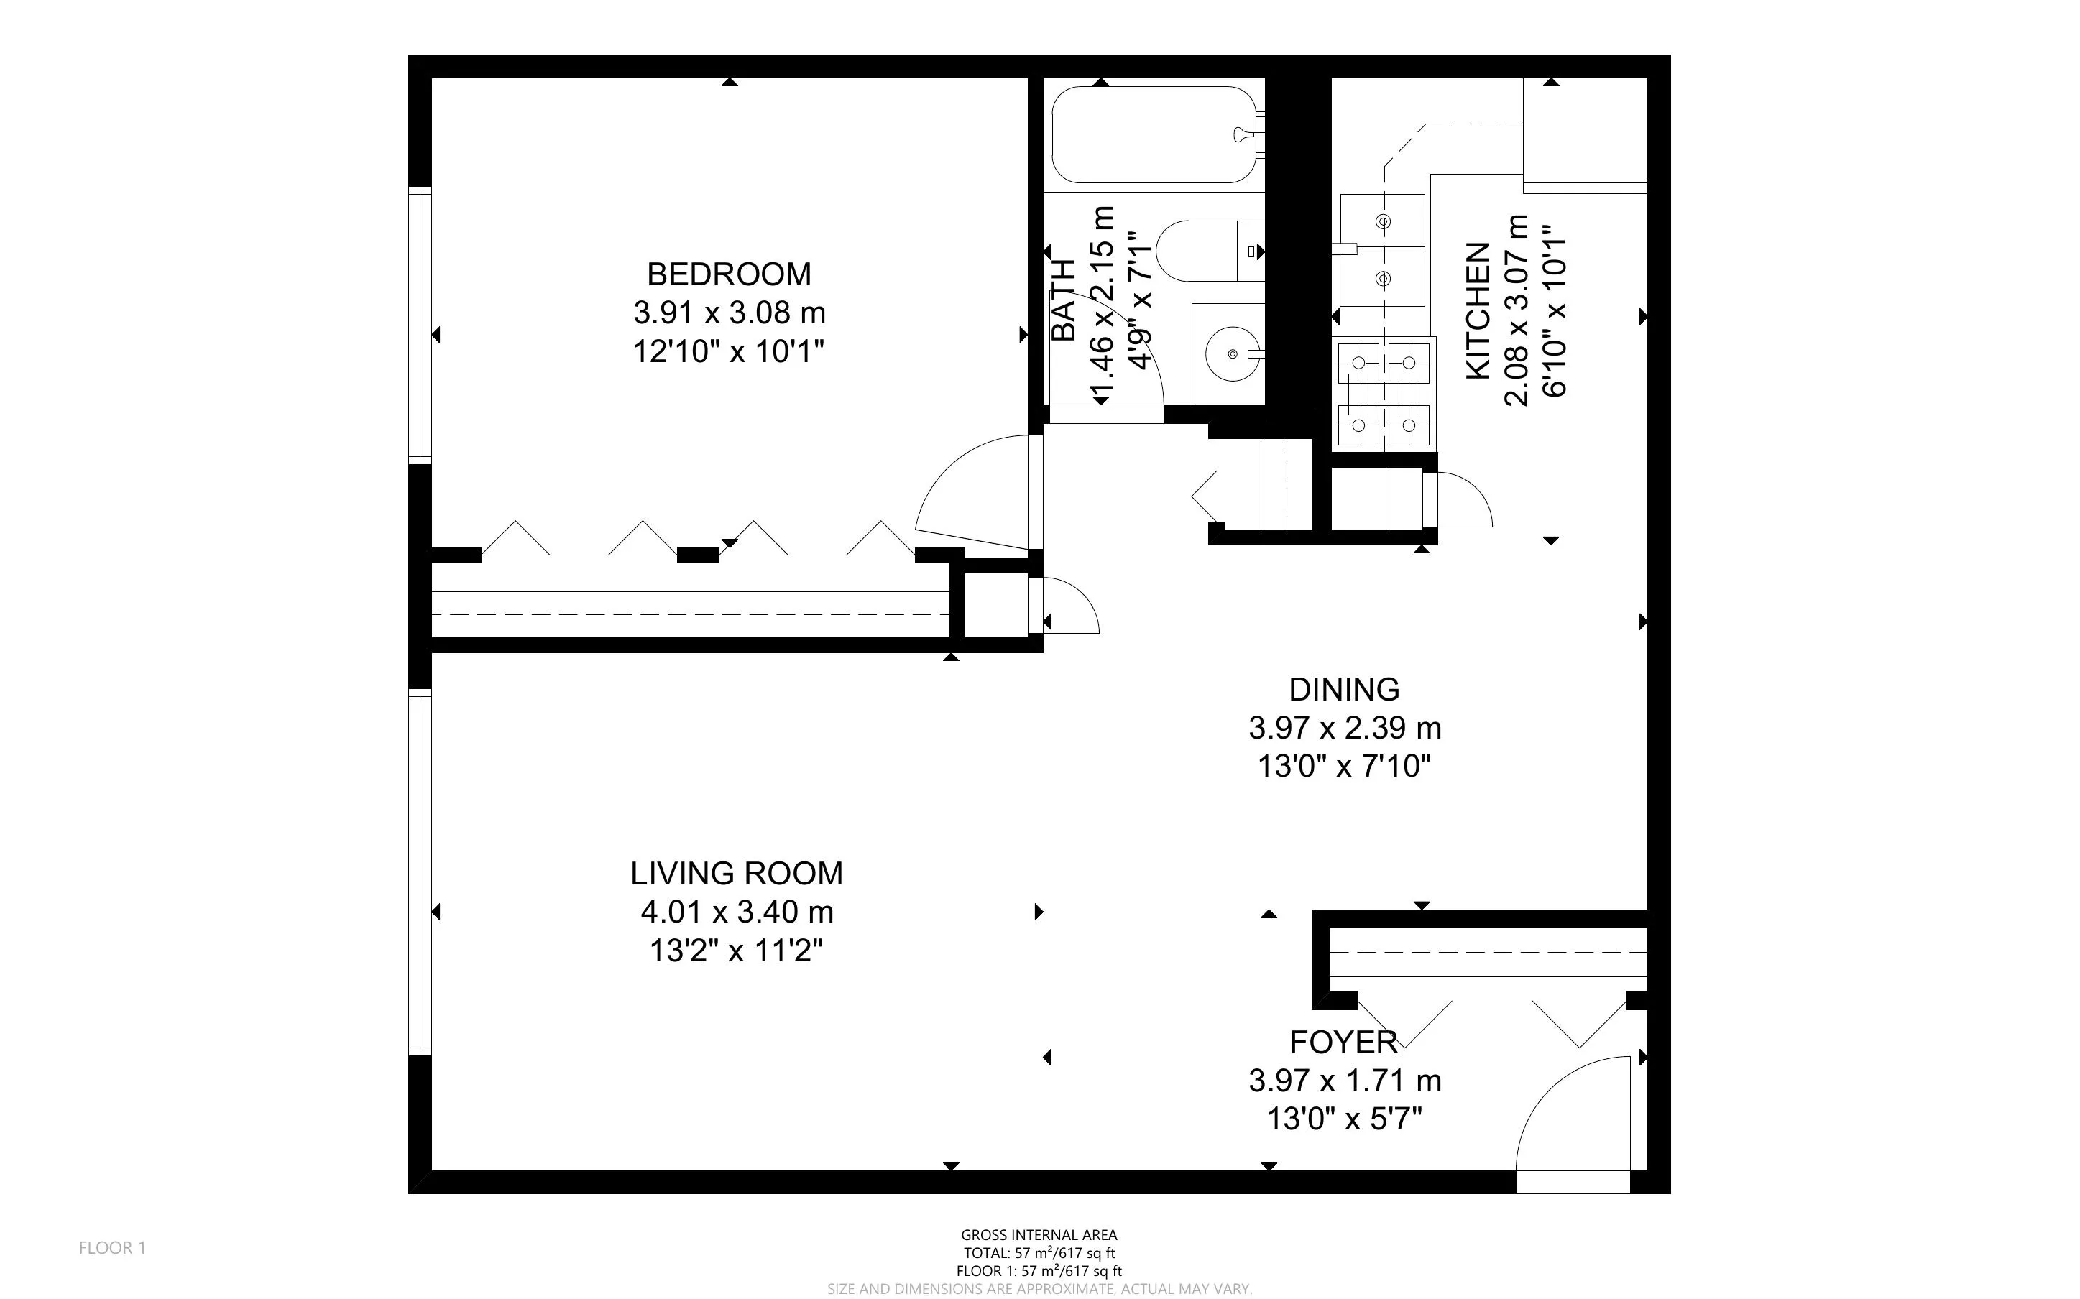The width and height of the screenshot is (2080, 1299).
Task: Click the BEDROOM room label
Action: [729, 274]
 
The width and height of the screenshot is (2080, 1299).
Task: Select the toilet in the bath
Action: [1203, 251]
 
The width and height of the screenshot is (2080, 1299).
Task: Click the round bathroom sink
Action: [1232, 353]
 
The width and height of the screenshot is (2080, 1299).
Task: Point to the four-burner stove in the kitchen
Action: [1384, 394]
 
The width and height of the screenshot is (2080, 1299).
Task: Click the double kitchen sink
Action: [1382, 250]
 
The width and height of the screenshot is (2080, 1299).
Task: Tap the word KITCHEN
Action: [1477, 311]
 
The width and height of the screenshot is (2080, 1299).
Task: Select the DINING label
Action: [1344, 689]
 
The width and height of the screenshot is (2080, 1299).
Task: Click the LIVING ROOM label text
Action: [736, 873]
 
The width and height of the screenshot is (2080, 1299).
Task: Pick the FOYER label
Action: [1344, 1042]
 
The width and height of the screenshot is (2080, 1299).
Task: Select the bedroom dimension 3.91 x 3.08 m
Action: [729, 313]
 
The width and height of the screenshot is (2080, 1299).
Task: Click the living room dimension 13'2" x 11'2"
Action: [736, 951]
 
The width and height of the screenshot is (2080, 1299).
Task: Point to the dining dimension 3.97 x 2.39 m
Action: [1344, 728]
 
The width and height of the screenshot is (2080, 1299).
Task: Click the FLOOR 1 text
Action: [113, 1247]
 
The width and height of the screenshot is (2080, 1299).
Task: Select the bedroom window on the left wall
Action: [419, 325]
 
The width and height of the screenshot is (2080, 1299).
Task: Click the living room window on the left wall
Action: [419, 873]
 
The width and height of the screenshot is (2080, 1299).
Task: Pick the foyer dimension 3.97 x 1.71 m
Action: [1344, 1080]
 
